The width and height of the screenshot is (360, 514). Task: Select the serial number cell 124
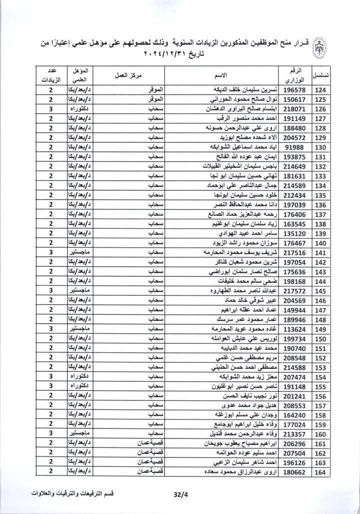click(320, 91)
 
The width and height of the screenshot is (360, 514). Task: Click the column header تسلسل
click(320, 75)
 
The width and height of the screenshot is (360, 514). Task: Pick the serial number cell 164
click(320, 472)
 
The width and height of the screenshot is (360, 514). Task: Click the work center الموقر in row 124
click(156, 91)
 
